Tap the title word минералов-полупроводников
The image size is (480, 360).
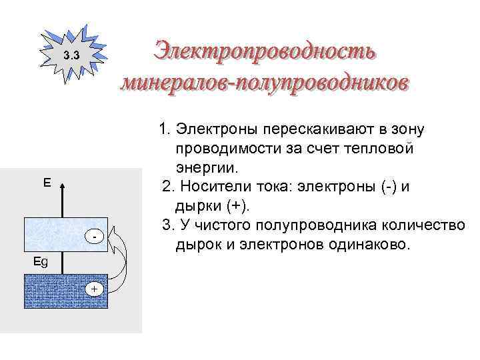pyautogui.click(x=265, y=83)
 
